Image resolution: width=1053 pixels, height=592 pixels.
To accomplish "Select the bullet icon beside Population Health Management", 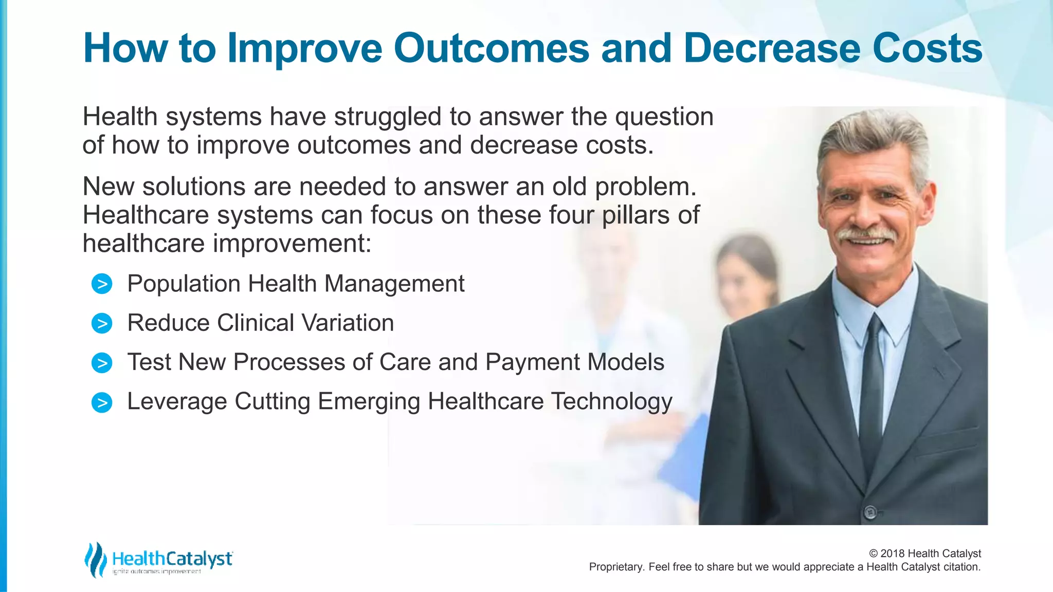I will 102,284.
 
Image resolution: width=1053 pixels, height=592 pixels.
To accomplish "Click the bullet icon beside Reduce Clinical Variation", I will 102,323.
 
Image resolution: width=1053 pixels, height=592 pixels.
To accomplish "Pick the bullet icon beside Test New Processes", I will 102,363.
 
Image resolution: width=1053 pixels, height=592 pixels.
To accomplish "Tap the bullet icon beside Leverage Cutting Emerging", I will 102,402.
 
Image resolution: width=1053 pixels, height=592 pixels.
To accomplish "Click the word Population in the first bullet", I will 184,284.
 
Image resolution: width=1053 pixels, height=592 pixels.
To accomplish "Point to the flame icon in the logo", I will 95,560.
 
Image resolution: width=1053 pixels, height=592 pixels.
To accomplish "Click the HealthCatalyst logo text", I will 172,559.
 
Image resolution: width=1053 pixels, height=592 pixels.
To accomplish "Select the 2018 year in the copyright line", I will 893,553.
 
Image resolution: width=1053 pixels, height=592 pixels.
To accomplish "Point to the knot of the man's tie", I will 874,329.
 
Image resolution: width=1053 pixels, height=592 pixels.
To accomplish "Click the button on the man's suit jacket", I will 870,511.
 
